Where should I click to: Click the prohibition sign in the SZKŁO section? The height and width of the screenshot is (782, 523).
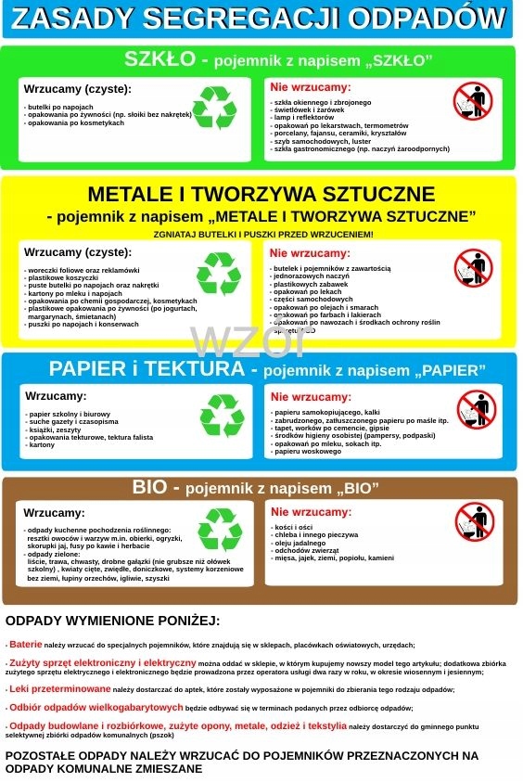point(474,100)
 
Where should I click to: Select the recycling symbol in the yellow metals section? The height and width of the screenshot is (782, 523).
point(219,274)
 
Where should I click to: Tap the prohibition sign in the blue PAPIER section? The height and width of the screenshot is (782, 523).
point(476,408)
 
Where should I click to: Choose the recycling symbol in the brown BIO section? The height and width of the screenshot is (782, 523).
point(220,530)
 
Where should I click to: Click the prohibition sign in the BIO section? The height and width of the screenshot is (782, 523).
point(475,522)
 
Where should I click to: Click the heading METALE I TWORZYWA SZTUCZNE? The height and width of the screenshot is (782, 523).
point(261,194)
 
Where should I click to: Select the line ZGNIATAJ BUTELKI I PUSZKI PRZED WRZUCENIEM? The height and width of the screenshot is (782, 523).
point(262,234)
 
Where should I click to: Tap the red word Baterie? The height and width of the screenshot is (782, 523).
point(26,644)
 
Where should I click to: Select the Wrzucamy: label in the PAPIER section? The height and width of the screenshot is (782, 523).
point(55,396)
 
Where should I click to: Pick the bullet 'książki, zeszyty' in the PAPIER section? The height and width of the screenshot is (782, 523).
point(56,429)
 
